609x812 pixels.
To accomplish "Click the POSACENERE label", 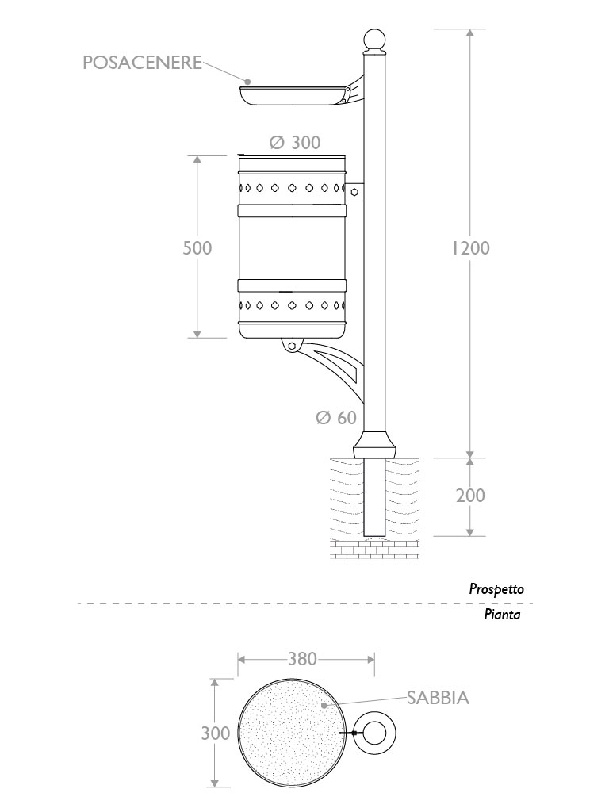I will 142,63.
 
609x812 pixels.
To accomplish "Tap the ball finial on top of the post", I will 373,40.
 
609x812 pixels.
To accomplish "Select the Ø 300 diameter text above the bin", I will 294,143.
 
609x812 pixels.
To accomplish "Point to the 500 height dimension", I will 197,248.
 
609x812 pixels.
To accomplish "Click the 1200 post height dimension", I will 471,248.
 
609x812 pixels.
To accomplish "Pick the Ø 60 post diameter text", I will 336,418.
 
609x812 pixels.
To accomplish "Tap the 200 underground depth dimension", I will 470,496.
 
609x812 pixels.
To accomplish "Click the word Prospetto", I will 496,589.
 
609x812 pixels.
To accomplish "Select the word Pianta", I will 502,615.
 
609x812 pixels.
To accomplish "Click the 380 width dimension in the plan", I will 302,658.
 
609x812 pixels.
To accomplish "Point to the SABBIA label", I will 439,699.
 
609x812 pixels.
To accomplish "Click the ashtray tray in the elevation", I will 293,96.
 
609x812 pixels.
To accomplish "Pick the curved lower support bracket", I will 337,366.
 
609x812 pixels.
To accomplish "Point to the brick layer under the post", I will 373,549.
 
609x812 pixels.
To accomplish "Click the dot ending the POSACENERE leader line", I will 247,81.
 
